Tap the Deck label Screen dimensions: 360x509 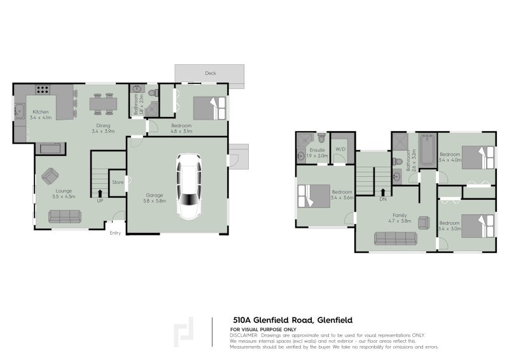tap(210, 73)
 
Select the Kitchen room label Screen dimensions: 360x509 tap(41, 112)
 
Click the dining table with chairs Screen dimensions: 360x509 tap(102, 104)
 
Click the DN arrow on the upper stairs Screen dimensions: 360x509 tap(383, 191)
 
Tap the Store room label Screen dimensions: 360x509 tap(118, 183)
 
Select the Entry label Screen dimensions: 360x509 tap(115, 233)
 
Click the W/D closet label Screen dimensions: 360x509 tap(340, 150)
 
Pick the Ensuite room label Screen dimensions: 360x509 tap(316, 150)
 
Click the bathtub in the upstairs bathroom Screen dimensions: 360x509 tap(427, 148)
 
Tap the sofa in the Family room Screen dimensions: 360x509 tap(395, 239)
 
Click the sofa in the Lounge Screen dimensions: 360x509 tap(64, 216)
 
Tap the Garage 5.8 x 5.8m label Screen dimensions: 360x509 tap(155, 198)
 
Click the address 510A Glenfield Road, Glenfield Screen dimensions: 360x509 tap(293, 320)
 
